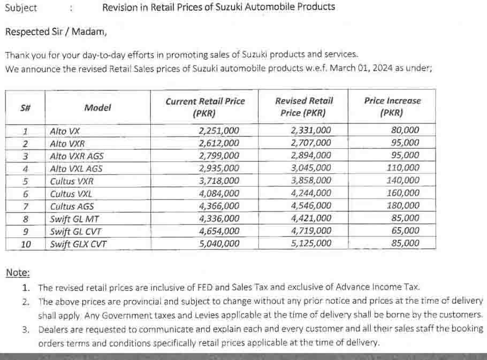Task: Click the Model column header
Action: click(x=97, y=108)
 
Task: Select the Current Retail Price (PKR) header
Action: click(x=205, y=107)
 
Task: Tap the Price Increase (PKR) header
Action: click(x=392, y=106)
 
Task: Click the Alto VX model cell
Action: click(x=65, y=131)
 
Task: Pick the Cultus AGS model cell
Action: click(x=72, y=206)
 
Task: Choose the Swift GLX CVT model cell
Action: click(x=78, y=244)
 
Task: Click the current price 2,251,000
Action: click(x=219, y=131)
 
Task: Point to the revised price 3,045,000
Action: click(x=311, y=168)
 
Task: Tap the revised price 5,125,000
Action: click(x=311, y=243)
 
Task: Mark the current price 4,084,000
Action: click(x=219, y=193)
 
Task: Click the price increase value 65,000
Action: click(x=405, y=231)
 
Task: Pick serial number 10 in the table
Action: click(x=26, y=244)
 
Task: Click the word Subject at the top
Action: click(x=21, y=8)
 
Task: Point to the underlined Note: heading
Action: click(x=18, y=273)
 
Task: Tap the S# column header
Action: click(x=25, y=108)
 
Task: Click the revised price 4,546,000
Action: click(x=311, y=205)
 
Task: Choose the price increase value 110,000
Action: click(x=403, y=168)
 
